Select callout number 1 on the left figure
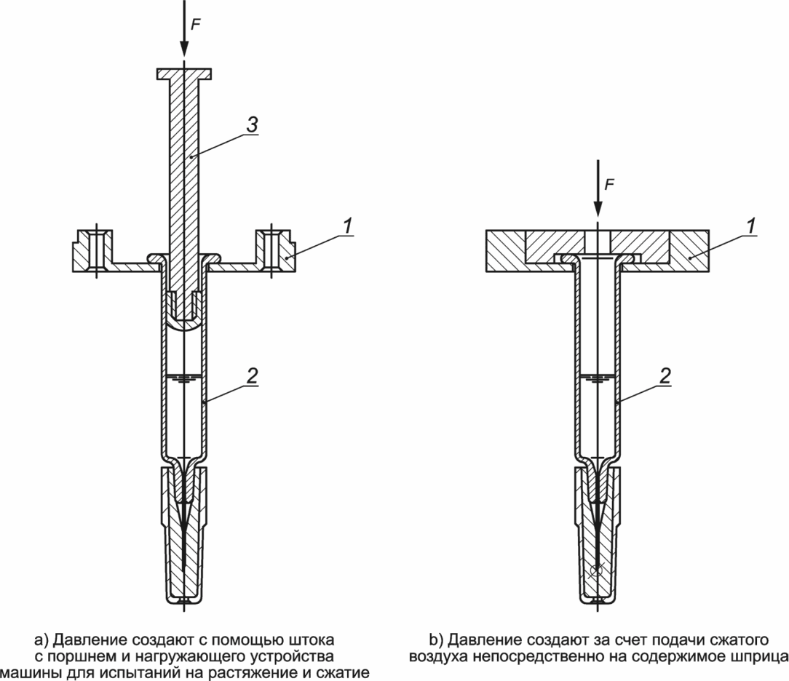pos(349,227)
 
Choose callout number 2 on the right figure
pos(665,377)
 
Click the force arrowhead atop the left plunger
pos(184,49)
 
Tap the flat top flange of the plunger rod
pos(184,73)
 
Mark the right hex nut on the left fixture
pos(274,250)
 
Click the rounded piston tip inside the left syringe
pos(184,319)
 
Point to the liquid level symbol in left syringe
pos(184,378)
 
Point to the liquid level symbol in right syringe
pos(598,378)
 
